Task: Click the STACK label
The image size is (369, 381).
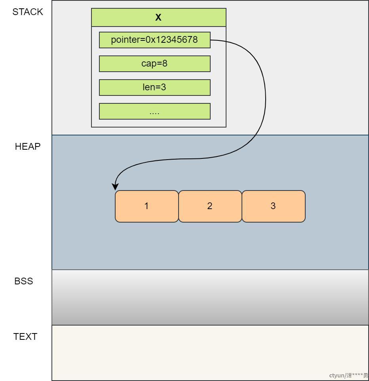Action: [x=27, y=12]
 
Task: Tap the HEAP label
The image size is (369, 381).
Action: [x=27, y=147]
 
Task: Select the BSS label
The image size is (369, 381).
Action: [x=24, y=281]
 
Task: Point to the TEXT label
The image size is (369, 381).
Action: [x=25, y=337]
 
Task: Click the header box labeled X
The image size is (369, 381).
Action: [x=159, y=17]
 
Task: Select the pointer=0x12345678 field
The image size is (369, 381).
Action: [x=155, y=40]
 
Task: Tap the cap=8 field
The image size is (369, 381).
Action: [x=155, y=64]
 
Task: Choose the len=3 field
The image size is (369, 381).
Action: [x=155, y=88]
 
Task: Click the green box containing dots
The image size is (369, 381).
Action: [x=155, y=111]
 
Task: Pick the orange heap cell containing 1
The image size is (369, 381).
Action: [x=147, y=206]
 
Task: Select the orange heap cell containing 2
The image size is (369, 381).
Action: [x=210, y=206]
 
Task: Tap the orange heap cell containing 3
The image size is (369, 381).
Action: [x=274, y=206]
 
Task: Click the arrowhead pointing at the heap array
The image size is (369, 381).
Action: [x=115, y=187]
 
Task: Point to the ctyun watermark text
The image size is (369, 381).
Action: [x=348, y=375]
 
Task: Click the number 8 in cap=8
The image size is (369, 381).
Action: [x=165, y=63]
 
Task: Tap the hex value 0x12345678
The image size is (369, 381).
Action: [x=171, y=40]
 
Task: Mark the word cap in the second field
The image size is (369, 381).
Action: [x=149, y=64]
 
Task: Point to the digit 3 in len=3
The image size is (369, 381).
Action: [x=164, y=87]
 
